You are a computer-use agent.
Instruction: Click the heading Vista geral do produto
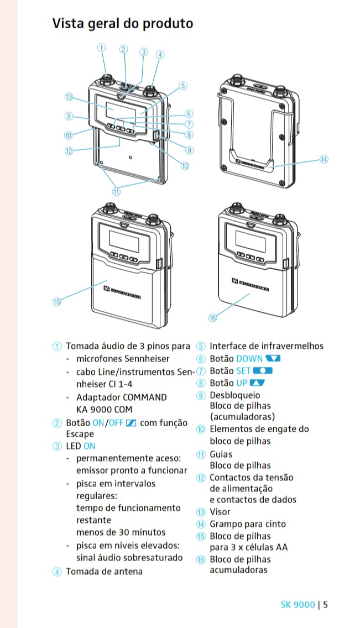(122, 24)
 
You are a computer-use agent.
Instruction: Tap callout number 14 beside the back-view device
(324, 159)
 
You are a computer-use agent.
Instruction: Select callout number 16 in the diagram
(213, 317)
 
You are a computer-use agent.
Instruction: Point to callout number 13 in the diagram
(69, 97)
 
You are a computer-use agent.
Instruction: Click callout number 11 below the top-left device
(116, 192)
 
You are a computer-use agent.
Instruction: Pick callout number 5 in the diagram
(183, 86)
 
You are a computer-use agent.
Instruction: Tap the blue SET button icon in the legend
(263, 371)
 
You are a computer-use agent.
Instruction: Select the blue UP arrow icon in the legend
(258, 383)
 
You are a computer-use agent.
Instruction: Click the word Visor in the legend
(220, 512)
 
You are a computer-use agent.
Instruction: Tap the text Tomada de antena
(104, 572)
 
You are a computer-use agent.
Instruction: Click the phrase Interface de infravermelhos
(267, 347)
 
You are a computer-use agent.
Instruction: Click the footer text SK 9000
(298, 604)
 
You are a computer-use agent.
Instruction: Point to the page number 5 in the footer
(326, 604)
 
